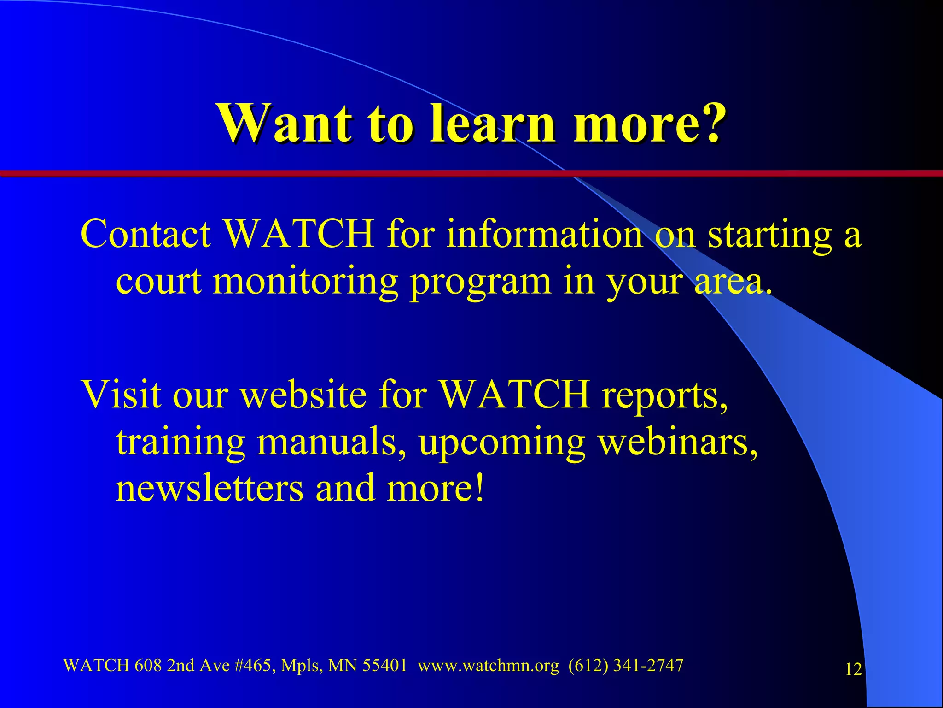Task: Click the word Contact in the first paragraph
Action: tap(146, 234)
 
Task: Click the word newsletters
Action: tap(210, 489)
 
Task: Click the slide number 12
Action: tap(853, 669)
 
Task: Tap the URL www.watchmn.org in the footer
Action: tap(488, 666)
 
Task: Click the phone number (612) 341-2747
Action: tap(626, 665)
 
